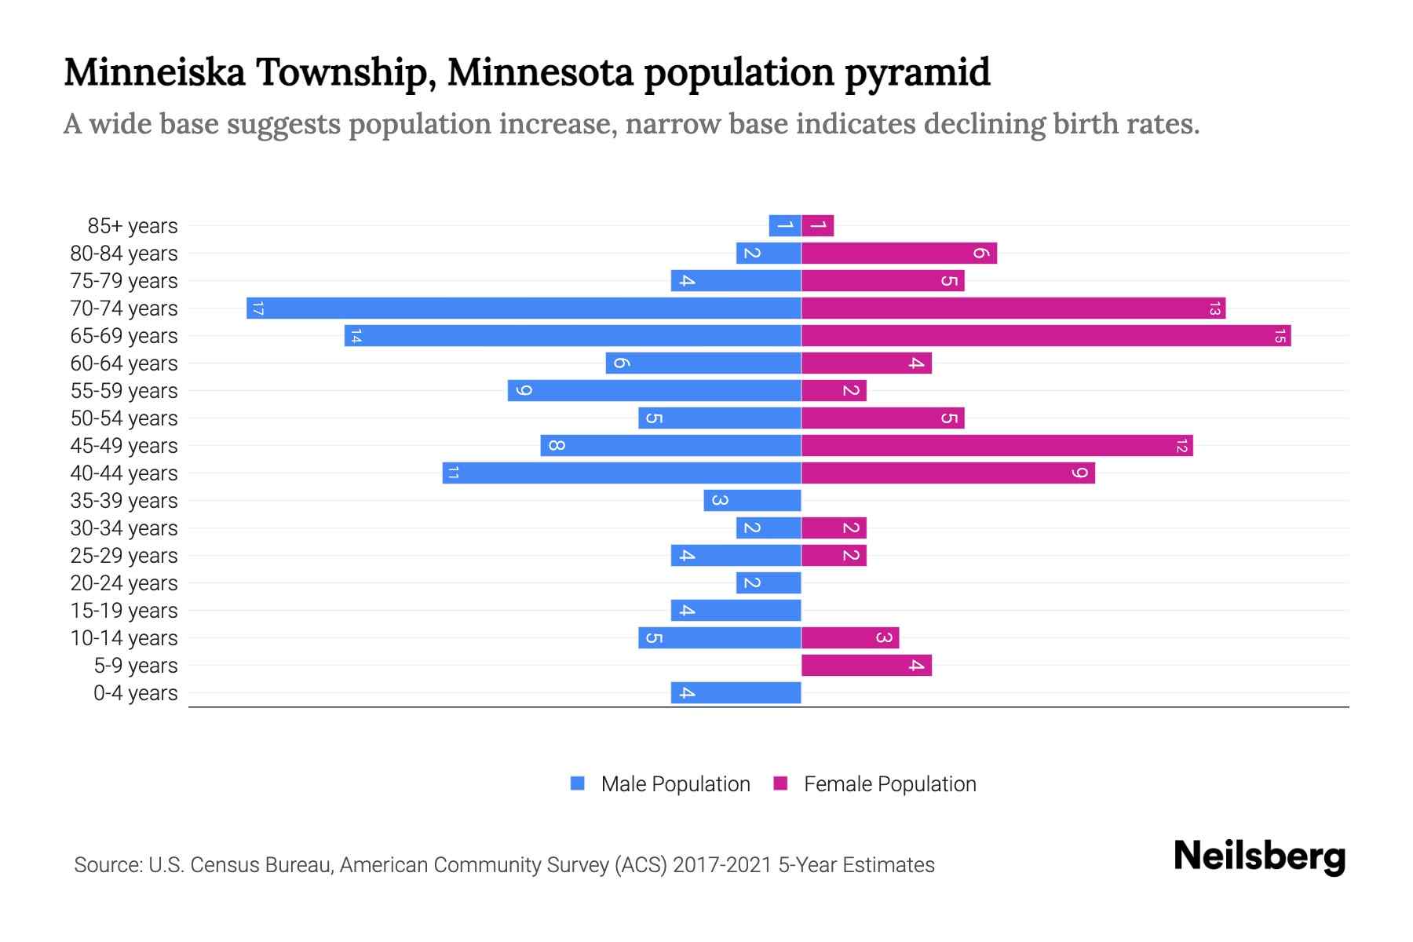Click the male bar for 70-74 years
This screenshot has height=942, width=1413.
[524, 308]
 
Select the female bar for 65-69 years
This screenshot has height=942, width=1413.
[1046, 336]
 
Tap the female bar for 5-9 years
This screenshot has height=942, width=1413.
[866, 666]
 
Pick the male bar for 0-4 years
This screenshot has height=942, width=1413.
[736, 693]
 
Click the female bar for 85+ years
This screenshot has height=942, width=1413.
[817, 226]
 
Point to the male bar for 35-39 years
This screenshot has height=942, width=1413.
[752, 501]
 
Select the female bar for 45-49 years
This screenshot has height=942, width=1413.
[997, 446]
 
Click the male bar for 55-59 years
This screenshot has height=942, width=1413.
[654, 391]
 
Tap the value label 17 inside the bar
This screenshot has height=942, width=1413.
[257, 309]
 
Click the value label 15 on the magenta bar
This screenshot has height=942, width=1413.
[1280, 336]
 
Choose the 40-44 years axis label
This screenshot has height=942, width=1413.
[124, 473]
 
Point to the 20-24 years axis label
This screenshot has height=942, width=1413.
[124, 583]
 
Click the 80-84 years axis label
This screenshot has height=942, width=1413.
[124, 254]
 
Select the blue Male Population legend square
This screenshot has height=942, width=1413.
[578, 783]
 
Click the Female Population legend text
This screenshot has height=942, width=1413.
[889, 784]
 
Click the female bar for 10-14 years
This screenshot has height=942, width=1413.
[849, 638]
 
